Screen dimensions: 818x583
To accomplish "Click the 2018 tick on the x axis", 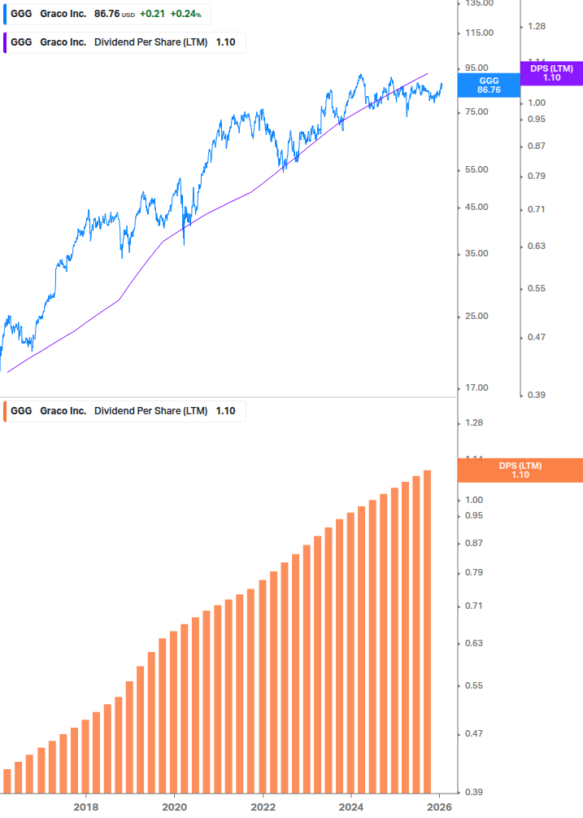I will point(86,807).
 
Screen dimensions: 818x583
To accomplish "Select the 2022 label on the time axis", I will point(263,807).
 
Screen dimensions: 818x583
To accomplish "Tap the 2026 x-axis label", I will point(439,807).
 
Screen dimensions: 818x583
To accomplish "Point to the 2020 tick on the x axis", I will point(174,807).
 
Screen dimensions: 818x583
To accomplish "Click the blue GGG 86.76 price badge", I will point(489,85).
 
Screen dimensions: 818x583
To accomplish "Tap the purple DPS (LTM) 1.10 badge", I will point(550,73).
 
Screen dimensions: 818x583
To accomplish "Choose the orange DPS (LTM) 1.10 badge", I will point(520,470).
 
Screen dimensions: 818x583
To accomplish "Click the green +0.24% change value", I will point(185,14).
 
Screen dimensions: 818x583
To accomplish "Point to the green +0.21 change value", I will point(152,14).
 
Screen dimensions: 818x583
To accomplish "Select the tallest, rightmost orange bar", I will point(427,631).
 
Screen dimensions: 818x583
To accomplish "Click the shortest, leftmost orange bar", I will point(7,781).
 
